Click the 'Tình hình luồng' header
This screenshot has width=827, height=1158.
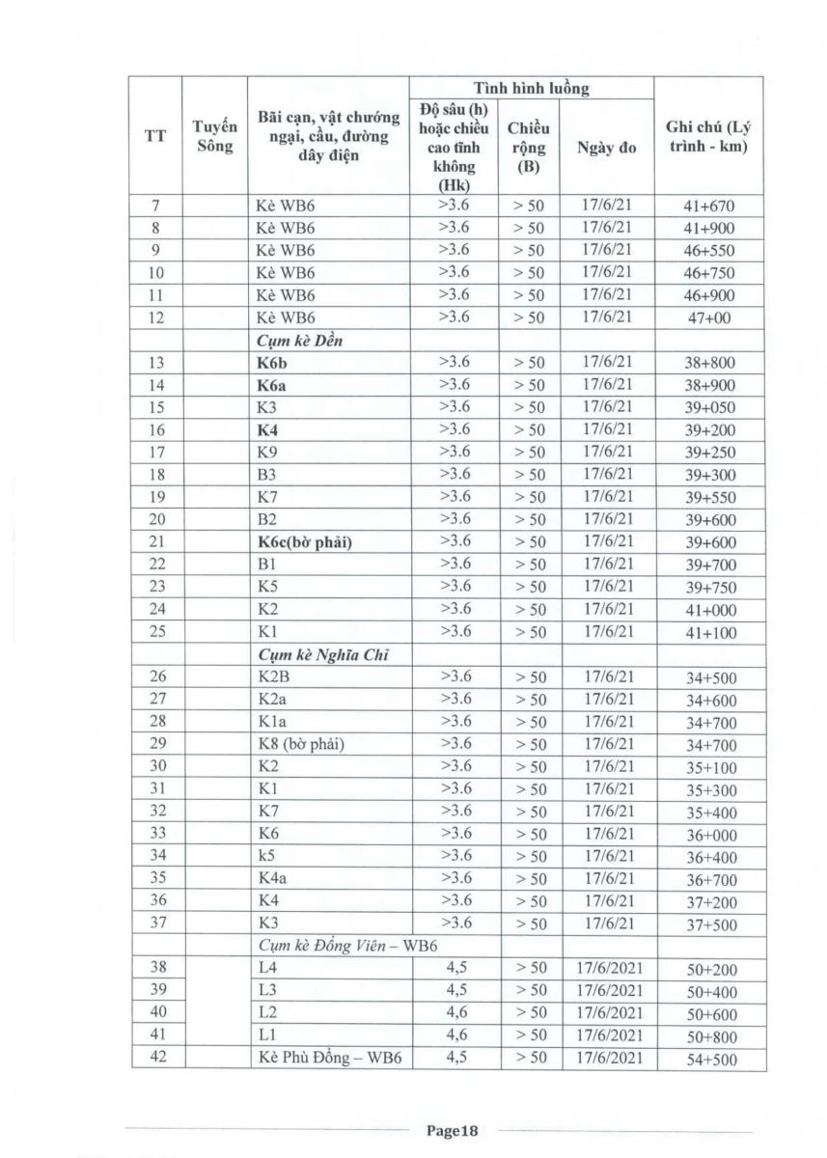pyautogui.click(x=531, y=89)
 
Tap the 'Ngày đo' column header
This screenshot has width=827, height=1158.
pyautogui.click(x=606, y=149)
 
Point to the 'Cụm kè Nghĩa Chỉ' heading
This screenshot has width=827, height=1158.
pyautogui.click(x=316, y=654)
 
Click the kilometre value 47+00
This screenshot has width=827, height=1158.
pyautogui.click(x=703, y=317)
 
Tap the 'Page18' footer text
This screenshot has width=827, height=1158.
pyautogui.click(x=453, y=1130)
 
